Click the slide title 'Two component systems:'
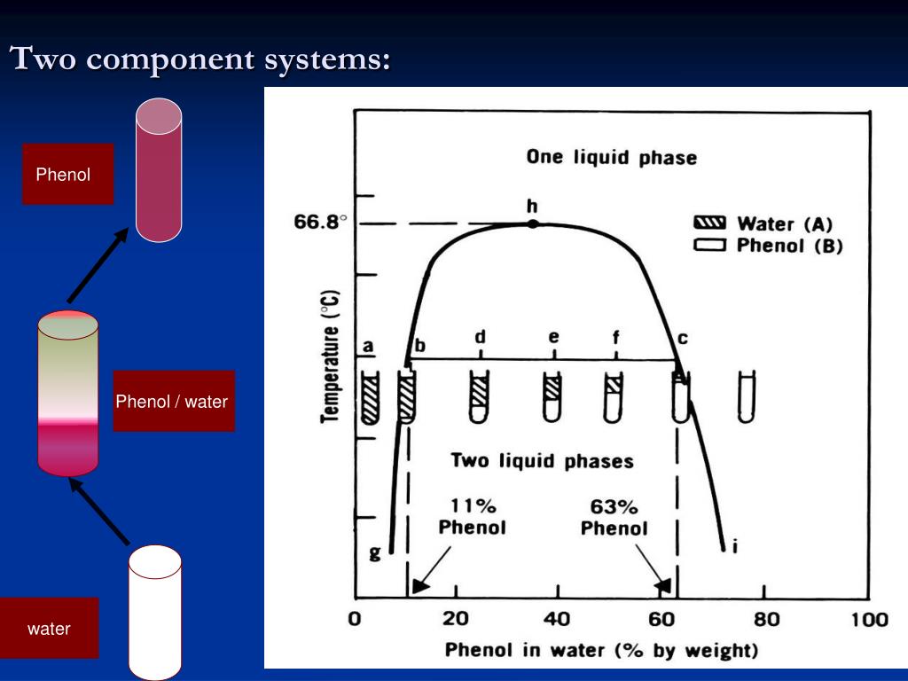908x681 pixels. click(200, 59)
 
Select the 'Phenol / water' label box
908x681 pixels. click(173, 402)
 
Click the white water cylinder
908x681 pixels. click(155, 612)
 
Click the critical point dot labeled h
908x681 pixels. click(532, 223)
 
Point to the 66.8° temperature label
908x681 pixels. click(317, 223)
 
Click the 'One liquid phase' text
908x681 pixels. click(611, 158)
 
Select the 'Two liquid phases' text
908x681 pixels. click(542, 461)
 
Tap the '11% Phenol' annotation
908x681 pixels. click(472, 517)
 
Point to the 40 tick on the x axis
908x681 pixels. click(557, 619)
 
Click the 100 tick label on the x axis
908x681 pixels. click(869, 619)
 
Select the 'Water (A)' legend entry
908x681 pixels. click(767, 223)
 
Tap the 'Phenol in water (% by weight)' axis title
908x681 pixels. click(601, 650)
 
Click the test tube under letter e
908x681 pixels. click(552, 397)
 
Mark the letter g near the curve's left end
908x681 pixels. click(374, 553)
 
